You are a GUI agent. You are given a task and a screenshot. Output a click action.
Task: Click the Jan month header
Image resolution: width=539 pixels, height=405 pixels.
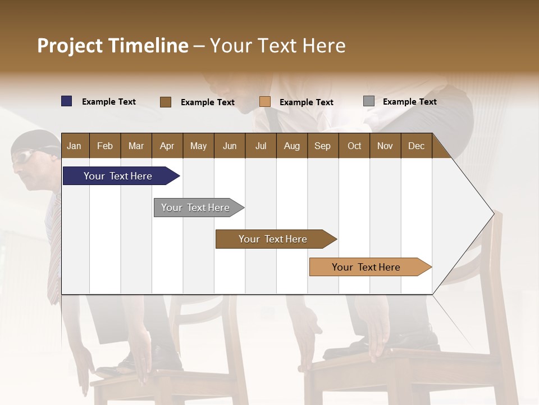click(74, 146)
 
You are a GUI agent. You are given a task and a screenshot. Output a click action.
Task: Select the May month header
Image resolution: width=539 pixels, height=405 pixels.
click(198, 146)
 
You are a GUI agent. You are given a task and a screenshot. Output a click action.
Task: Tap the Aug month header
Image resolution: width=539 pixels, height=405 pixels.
click(291, 146)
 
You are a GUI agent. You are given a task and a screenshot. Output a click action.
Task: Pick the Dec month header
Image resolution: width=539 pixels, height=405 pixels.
click(416, 146)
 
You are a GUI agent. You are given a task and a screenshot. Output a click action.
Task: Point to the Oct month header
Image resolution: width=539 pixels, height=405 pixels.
click(354, 146)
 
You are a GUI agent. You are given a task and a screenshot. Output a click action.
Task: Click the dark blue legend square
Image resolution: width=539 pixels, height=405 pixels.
click(67, 101)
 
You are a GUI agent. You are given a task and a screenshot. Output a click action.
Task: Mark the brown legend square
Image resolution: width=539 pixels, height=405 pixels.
click(166, 102)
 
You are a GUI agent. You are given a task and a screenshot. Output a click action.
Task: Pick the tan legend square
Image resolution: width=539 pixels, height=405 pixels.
click(265, 102)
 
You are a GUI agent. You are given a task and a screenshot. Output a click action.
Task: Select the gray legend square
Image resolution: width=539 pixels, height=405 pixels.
click(369, 101)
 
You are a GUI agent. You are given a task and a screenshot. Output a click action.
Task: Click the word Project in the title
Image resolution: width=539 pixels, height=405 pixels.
click(70, 46)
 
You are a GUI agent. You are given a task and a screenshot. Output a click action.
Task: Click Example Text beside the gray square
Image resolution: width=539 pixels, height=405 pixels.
click(409, 102)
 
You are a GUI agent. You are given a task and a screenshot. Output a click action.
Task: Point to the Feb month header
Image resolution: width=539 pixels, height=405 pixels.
click(105, 146)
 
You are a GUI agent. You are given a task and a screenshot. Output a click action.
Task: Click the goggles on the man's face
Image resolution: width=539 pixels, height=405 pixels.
click(22, 158)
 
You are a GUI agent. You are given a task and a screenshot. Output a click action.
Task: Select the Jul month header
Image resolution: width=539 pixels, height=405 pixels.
click(261, 146)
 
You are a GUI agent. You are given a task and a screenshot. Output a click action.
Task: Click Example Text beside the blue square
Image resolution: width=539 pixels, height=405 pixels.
click(109, 102)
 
